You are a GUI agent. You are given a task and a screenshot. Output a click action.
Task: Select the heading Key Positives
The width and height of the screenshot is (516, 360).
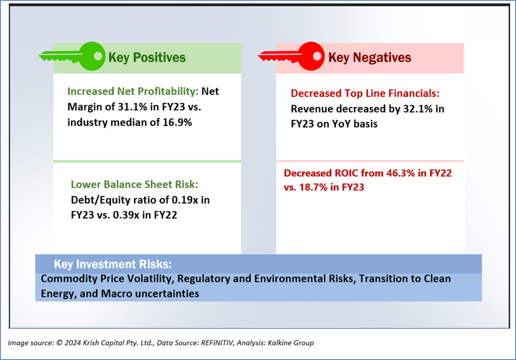tap(147, 58)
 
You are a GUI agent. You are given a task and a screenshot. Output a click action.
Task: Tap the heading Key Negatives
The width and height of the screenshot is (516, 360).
tap(369, 58)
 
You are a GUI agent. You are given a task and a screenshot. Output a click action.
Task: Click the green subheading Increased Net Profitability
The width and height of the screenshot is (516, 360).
tap(133, 91)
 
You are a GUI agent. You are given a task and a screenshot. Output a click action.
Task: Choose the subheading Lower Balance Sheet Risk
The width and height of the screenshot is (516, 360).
tap(134, 184)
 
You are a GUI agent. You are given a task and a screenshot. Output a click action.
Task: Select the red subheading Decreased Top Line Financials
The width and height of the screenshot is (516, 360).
tap(365, 93)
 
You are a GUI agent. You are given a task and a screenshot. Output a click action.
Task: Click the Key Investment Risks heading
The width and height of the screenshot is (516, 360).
tap(112, 264)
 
